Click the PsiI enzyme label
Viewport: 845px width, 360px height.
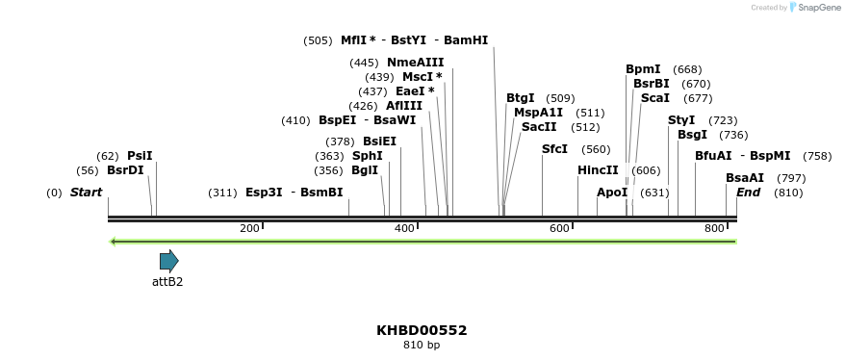tap(140, 156)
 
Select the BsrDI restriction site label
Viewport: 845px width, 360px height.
tap(125, 170)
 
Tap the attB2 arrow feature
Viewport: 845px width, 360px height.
tap(169, 260)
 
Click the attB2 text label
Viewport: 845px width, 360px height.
tap(167, 282)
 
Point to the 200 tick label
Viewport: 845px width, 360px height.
tap(249, 228)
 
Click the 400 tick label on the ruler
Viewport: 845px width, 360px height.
tap(404, 228)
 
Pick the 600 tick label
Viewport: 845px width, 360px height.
tap(559, 228)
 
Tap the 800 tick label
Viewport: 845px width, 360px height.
tap(715, 228)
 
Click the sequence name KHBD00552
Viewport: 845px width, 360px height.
tap(422, 330)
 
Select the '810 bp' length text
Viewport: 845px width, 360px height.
tap(422, 346)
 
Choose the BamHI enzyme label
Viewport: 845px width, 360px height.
tap(466, 40)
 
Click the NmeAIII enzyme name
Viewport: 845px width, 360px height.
tap(415, 63)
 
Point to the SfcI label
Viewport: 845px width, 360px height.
tap(554, 149)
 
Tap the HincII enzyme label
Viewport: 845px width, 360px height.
tap(598, 170)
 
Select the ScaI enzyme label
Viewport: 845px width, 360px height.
tap(654, 98)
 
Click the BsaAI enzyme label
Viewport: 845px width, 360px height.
tap(745, 178)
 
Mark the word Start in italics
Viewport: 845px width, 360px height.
tap(86, 193)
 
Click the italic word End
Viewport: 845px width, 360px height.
tap(748, 193)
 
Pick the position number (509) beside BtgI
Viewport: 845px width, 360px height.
tap(560, 98)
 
